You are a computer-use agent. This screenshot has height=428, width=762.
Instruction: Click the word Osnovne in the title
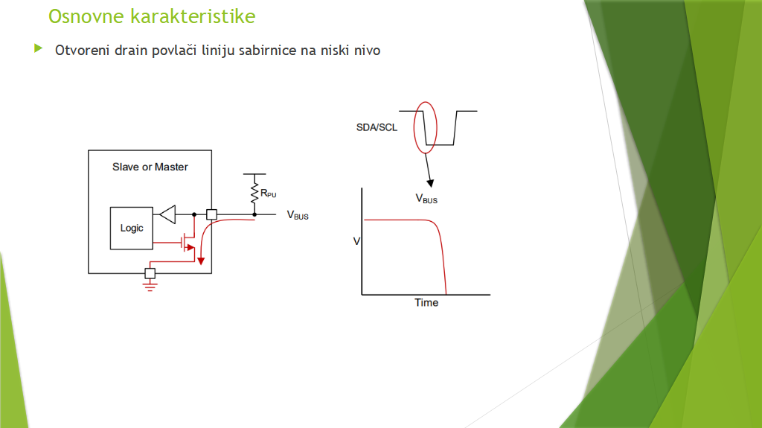pyautogui.click(x=86, y=16)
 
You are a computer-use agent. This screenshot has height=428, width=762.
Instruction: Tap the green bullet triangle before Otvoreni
pyautogui.click(x=39, y=48)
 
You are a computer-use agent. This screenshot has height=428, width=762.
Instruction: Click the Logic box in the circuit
pyautogui.click(x=131, y=228)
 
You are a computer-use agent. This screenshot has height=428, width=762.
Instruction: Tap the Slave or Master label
pyautogui.click(x=150, y=167)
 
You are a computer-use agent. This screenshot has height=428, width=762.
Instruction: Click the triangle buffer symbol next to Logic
pyautogui.click(x=167, y=214)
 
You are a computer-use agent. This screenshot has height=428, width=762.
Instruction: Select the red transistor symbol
pyautogui.click(x=187, y=242)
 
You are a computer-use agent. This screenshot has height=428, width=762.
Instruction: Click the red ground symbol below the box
pyautogui.click(x=150, y=286)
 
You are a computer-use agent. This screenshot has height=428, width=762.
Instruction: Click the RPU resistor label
pyautogui.click(x=268, y=194)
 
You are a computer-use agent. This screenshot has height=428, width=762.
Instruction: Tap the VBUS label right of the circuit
pyautogui.click(x=298, y=215)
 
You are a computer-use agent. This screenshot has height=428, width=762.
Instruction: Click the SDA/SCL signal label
pyautogui.click(x=377, y=127)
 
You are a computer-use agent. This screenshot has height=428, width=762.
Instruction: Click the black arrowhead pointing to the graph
pyautogui.click(x=430, y=183)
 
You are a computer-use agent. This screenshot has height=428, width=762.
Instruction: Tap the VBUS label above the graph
pyautogui.click(x=426, y=199)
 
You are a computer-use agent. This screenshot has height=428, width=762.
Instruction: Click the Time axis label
pyautogui.click(x=426, y=302)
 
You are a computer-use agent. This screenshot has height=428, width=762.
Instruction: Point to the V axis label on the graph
pyautogui.click(x=356, y=241)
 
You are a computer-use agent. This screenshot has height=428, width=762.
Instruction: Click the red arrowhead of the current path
pyautogui.click(x=201, y=261)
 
